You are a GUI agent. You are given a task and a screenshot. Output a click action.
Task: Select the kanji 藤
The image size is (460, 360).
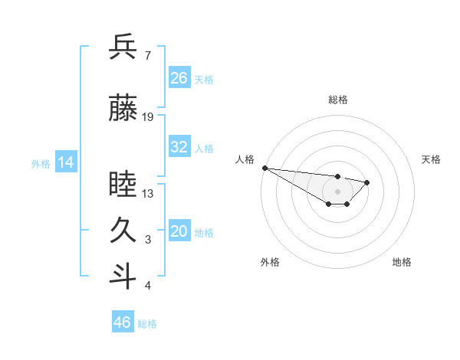click(x=123, y=108)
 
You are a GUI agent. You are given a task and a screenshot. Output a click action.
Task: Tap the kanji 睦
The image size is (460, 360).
click(x=123, y=185)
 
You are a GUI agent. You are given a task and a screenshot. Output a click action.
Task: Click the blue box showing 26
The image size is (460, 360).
click(x=179, y=78)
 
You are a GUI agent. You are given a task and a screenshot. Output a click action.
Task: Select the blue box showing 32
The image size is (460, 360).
click(x=179, y=147)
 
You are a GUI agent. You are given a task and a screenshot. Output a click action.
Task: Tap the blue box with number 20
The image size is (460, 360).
click(x=179, y=231)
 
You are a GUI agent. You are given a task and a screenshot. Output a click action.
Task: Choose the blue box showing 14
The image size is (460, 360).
click(x=66, y=162)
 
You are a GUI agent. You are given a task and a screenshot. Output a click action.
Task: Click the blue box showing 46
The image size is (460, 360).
click(x=123, y=322)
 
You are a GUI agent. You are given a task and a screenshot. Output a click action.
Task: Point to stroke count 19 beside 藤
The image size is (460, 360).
click(x=148, y=117)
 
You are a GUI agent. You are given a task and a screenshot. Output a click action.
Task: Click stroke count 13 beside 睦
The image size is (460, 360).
click(x=148, y=194)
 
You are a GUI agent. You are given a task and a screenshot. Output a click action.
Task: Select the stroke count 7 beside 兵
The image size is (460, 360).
click(x=147, y=55)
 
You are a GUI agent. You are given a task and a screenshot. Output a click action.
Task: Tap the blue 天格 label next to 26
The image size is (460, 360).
click(x=204, y=79)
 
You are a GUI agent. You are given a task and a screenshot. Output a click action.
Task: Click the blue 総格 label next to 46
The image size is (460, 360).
click(x=147, y=324)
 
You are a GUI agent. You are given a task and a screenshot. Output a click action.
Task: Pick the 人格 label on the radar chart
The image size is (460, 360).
click(x=245, y=159)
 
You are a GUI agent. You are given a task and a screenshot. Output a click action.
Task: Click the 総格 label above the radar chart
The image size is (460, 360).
click(x=337, y=100)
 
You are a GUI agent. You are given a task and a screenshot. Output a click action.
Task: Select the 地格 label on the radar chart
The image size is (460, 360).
click(x=402, y=262)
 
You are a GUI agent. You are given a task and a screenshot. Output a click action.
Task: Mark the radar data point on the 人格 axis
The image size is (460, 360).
click(x=264, y=168)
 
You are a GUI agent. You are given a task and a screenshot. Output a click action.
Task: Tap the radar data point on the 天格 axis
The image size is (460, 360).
click(x=367, y=182)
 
